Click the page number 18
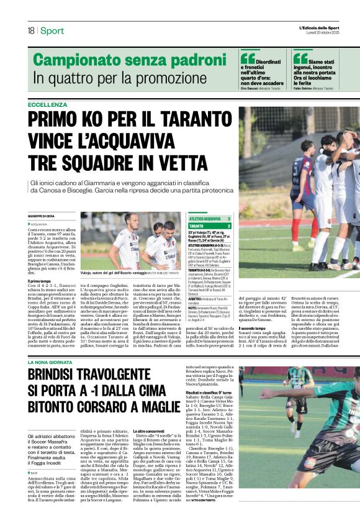tap(30, 30)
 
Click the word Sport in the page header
tap(52, 30)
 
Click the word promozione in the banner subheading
tap(169, 79)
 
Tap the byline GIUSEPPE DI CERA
tap(41, 215)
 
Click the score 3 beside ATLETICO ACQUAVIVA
tap(228, 219)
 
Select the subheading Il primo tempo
tap(38, 281)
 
